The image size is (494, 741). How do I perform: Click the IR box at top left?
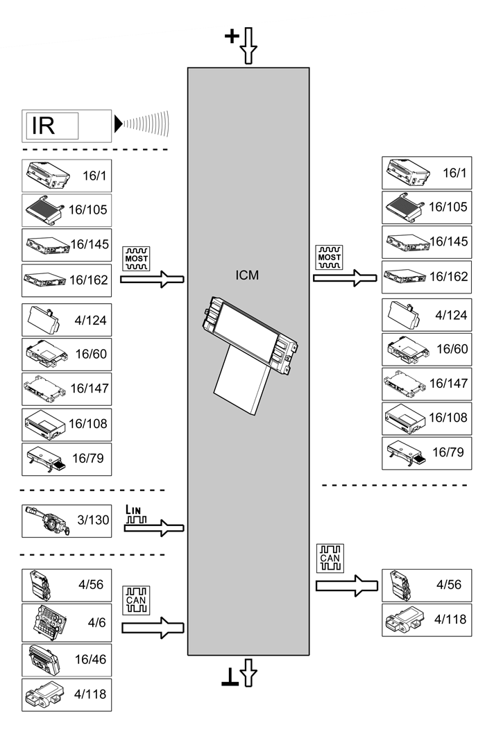(x=67, y=126)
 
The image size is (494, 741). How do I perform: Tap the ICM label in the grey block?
(x=247, y=275)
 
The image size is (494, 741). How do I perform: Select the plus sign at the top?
(x=232, y=37)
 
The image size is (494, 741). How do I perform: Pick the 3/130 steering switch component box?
(x=67, y=521)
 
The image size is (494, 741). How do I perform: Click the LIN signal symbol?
(x=137, y=513)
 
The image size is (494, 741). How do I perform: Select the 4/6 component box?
(x=67, y=622)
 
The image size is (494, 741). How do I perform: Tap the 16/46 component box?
(x=67, y=658)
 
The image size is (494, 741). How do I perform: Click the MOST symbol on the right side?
(x=328, y=257)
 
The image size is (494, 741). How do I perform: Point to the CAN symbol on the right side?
(x=330, y=557)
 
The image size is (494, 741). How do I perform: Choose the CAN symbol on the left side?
(x=135, y=600)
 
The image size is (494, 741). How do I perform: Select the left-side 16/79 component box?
(x=67, y=459)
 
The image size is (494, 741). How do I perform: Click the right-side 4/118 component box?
(x=427, y=620)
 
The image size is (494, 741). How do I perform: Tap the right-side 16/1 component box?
(x=427, y=173)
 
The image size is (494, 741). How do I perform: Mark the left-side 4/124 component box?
(x=67, y=321)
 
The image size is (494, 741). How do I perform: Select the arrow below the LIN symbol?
(x=154, y=529)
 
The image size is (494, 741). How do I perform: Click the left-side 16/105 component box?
(x=67, y=209)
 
